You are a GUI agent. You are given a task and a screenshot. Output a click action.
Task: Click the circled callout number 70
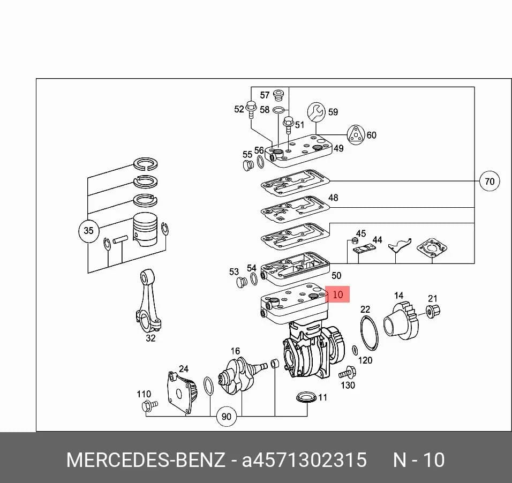click(x=489, y=181)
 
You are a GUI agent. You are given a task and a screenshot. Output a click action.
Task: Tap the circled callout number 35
click(x=88, y=231)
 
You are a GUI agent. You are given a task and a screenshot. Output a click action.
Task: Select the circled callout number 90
click(x=227, y=416)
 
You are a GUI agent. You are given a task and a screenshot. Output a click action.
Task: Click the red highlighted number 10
click(x=337, y=295)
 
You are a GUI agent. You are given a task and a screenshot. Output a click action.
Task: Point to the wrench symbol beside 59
click(x=317, y=112)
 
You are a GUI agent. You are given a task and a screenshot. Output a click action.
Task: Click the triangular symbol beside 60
click(x=356, y=134)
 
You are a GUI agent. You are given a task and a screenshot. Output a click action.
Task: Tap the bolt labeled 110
click(x=149, y=405)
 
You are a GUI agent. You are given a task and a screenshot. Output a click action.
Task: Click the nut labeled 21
click(x=433, y=310)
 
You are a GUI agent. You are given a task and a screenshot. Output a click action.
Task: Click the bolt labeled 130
click(x=348, y=373)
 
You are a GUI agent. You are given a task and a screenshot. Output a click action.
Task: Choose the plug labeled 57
click(x=278, y=94)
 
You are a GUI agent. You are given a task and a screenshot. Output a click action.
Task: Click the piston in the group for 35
click(x=145, y=230)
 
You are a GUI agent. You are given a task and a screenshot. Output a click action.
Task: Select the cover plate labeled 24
click(x=182, y=392)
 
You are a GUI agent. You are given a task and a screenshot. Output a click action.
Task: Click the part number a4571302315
click(x=304, y=459)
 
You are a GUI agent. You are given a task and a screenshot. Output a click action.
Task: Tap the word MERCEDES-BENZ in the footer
click(x=146, y=459)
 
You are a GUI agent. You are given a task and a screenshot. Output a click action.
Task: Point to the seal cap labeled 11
click(x=306, y=398)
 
